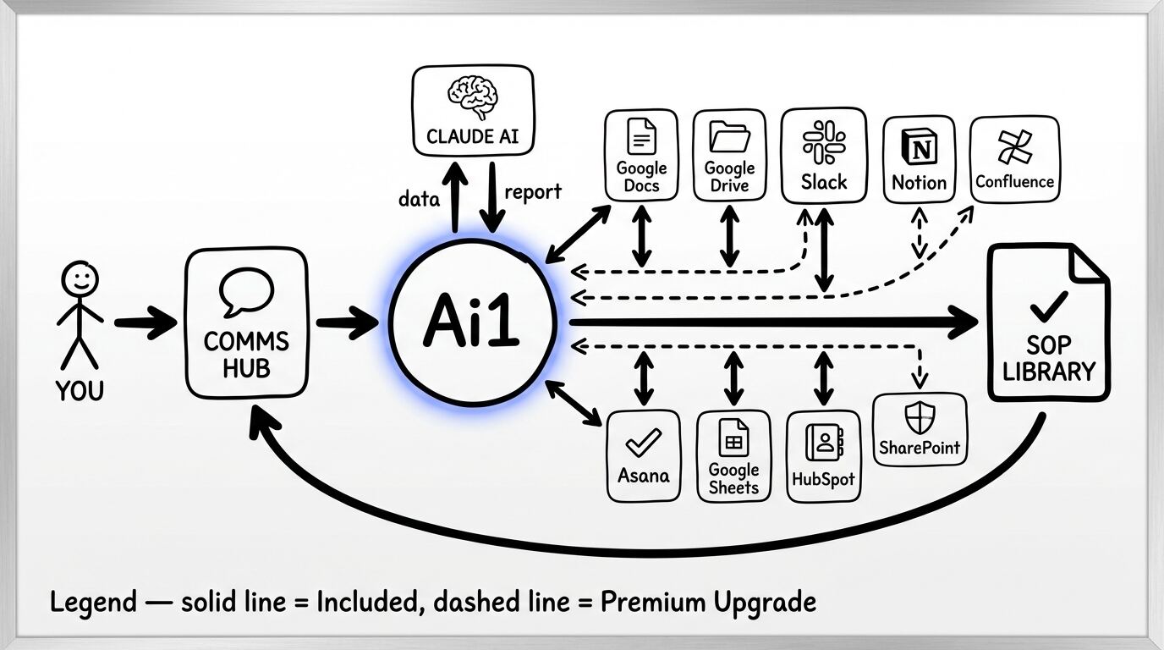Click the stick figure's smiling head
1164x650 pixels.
click(80, 278)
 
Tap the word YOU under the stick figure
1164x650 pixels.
click(80, 391)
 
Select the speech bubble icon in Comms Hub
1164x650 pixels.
click(246, 292)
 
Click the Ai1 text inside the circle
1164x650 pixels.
click(471, 323)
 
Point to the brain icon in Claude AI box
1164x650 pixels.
click(473, 96)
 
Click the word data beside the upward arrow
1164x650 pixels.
click(420, 200)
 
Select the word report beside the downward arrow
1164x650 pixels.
click(533, 191)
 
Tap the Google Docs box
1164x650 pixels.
click(641, 156)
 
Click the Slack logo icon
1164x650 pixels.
click(824, 142)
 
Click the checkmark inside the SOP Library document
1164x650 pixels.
click(1048, 306)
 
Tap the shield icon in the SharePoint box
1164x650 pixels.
click(919, 418)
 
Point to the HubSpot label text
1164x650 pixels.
click(823, 479)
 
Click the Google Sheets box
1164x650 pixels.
click(733, 456)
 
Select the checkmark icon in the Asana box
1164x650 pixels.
click(643, 442)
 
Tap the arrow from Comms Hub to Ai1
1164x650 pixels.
click(346, 322)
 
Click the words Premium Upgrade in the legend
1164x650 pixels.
click(708, 603)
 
